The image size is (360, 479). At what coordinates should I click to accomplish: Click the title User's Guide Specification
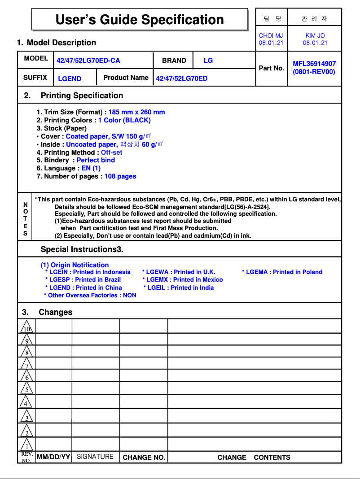click(x=140, y=20)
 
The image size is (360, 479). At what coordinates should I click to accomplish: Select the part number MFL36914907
click(x=314, y=64)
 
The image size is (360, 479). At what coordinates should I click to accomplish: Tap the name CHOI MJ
click(x=271, y=35)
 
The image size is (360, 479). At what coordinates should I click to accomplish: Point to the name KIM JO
click(x=315, y=35)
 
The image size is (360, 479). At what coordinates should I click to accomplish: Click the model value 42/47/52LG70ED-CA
click(x=88, y=61)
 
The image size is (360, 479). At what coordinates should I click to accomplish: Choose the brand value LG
click(x=208, y=60)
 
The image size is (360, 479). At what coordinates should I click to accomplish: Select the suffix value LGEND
click(x=70, y=79)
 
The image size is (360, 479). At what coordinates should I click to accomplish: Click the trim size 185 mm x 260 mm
click(x=136, y=112)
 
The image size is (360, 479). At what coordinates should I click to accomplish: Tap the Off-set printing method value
click(x=111, y=152)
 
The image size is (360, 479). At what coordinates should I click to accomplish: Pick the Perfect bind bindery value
click(x=96, y=160)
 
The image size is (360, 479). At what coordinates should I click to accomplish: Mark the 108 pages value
click(x=120, y=176)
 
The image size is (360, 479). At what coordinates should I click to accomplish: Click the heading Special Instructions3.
click(x=82, y=249)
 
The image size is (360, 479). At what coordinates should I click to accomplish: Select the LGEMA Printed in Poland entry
click(x=282, y=272)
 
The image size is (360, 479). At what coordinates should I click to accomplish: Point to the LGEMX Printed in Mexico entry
click(x=182, y=279)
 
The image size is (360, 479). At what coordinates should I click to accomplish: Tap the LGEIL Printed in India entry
click(x=179, y=287)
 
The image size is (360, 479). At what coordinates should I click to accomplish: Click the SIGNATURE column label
click(x=95, y=457)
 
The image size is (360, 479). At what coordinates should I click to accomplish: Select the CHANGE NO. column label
click(x=144, y=457)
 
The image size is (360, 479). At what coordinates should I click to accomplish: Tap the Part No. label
click(x=272, y=68)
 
